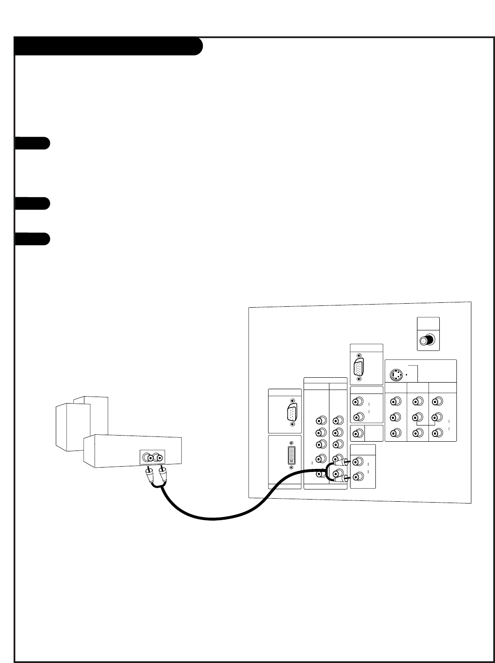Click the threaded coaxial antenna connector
427,340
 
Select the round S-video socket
396,375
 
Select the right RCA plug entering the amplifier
163,474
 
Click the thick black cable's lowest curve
212,519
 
